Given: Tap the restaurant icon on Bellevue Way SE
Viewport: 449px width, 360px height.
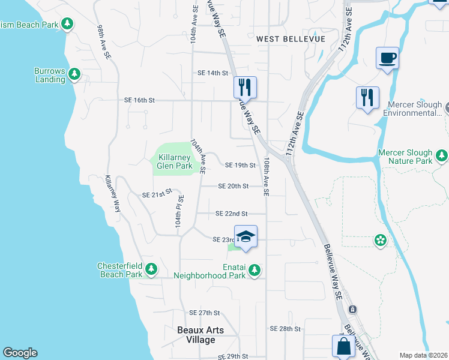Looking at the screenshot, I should (245, 87).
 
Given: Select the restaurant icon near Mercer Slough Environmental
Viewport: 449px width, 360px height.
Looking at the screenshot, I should (367, 97).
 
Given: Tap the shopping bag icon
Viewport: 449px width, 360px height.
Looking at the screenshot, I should (344, 347).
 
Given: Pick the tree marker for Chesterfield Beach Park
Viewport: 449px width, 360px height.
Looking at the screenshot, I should (152, 267).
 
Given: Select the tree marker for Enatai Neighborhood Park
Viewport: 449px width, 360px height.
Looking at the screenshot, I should (255, 271).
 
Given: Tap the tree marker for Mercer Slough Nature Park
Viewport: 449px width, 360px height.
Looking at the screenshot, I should (442, 157).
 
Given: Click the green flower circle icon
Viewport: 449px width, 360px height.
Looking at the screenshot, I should (379, 241).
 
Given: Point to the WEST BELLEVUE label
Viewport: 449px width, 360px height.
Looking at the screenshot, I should (291, 39).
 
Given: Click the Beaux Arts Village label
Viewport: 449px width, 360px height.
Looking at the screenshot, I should (200, 335).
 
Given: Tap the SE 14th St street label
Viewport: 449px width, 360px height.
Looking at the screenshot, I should (213, 73).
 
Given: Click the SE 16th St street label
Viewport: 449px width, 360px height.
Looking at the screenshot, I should (139, 100).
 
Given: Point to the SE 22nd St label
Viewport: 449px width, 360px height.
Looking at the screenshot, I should (231, 214).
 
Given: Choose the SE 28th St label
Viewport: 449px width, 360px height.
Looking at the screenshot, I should (285, 329).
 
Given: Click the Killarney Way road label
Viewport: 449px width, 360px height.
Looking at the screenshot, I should (112, 193).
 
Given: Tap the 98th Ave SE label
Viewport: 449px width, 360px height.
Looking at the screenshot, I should (104, 42).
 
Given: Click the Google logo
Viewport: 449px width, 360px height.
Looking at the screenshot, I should (20, 353).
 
